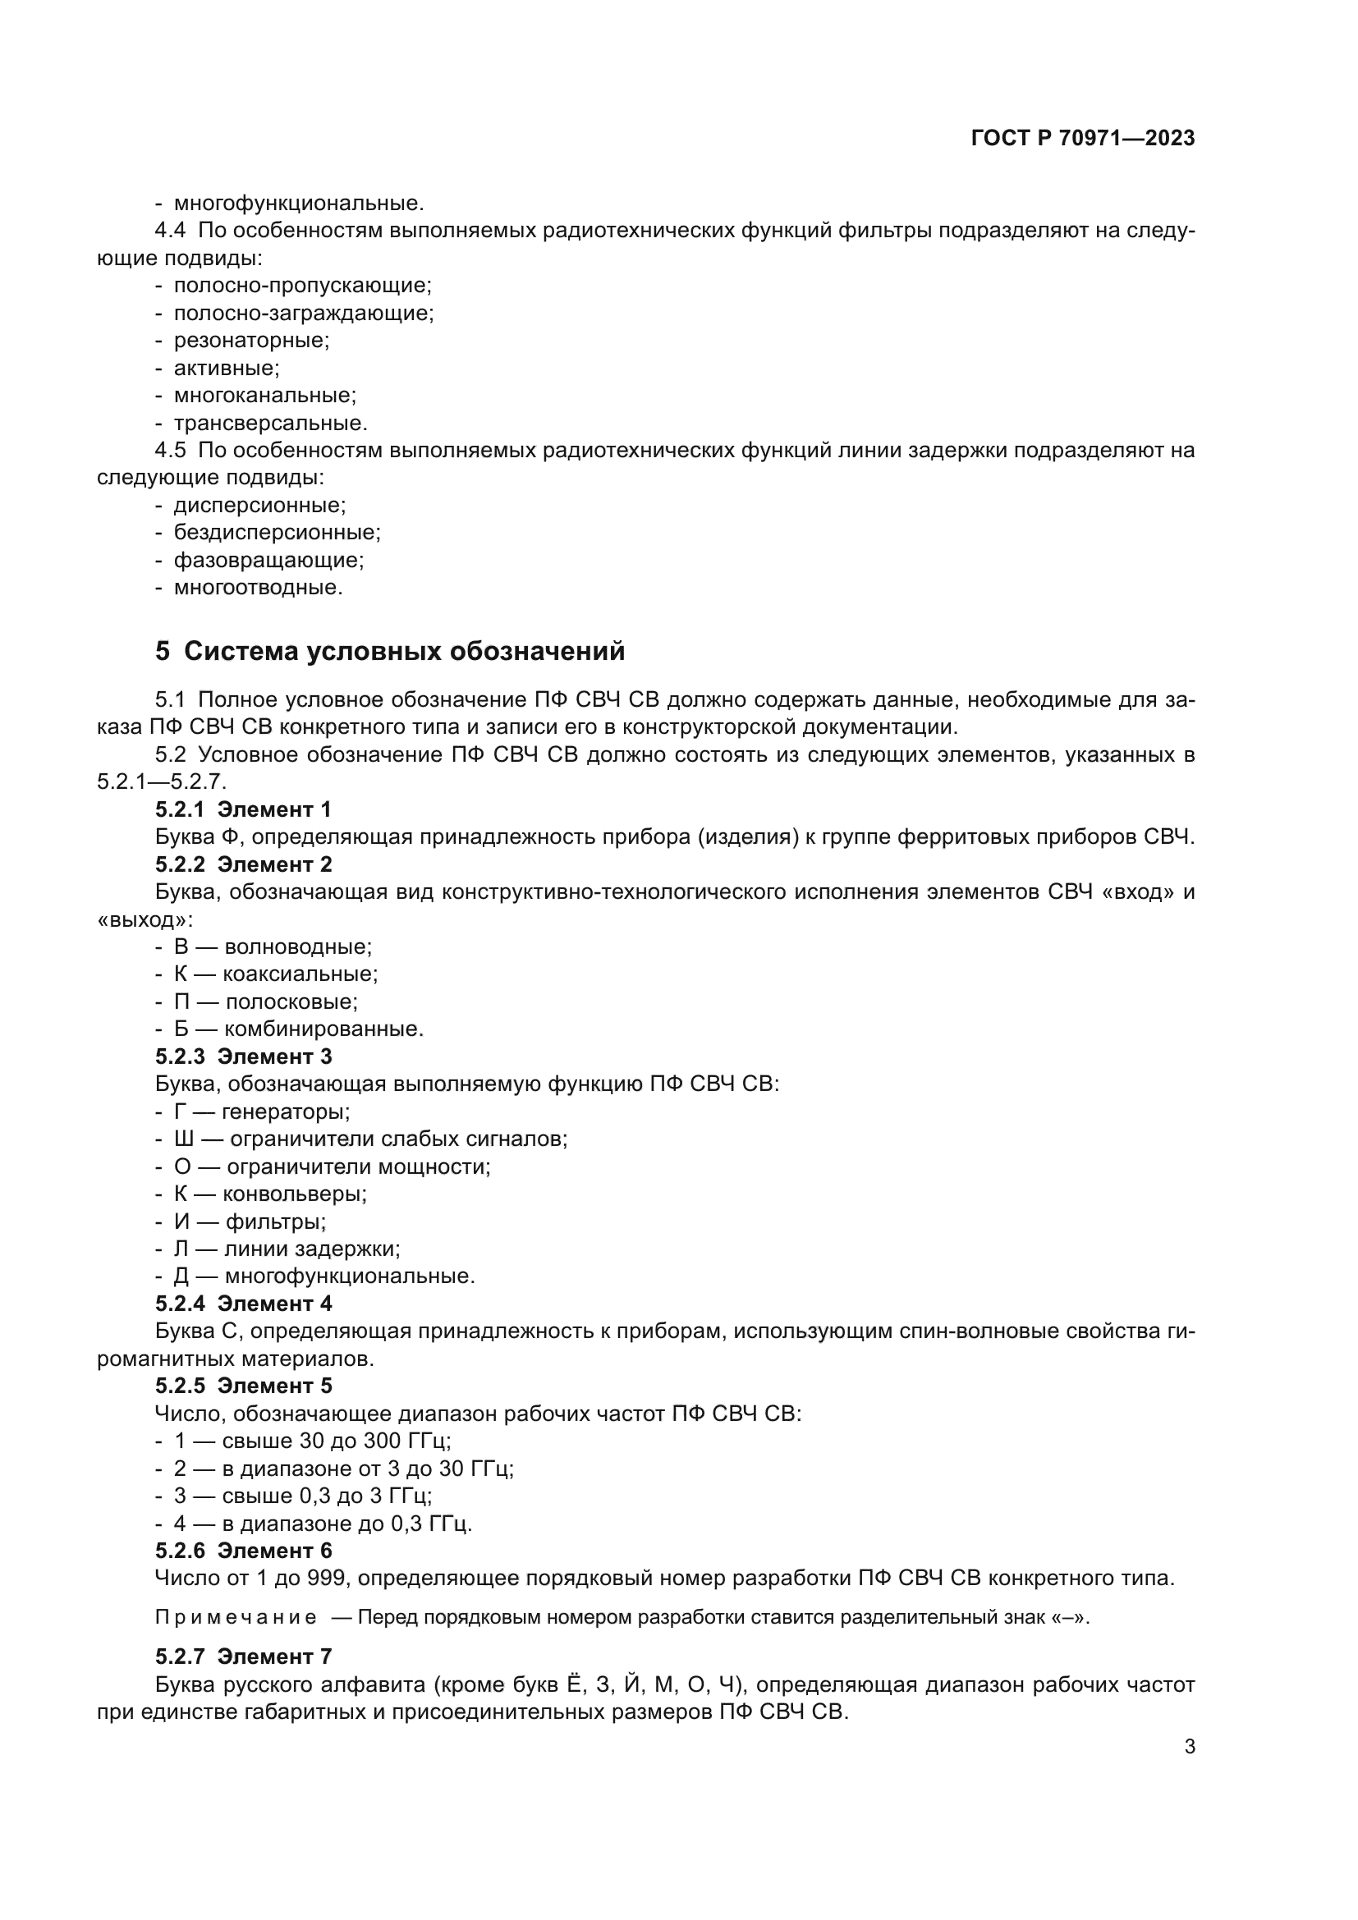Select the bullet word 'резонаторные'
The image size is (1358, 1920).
251,341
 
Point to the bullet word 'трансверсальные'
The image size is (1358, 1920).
270,422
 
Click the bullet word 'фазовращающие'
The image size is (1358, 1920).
268,560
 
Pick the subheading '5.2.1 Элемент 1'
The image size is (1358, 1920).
243,809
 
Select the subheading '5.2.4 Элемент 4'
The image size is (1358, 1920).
243,1303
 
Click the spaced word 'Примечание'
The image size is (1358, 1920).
236,1616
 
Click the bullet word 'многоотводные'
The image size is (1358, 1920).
258,587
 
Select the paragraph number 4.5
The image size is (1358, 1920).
171,450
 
